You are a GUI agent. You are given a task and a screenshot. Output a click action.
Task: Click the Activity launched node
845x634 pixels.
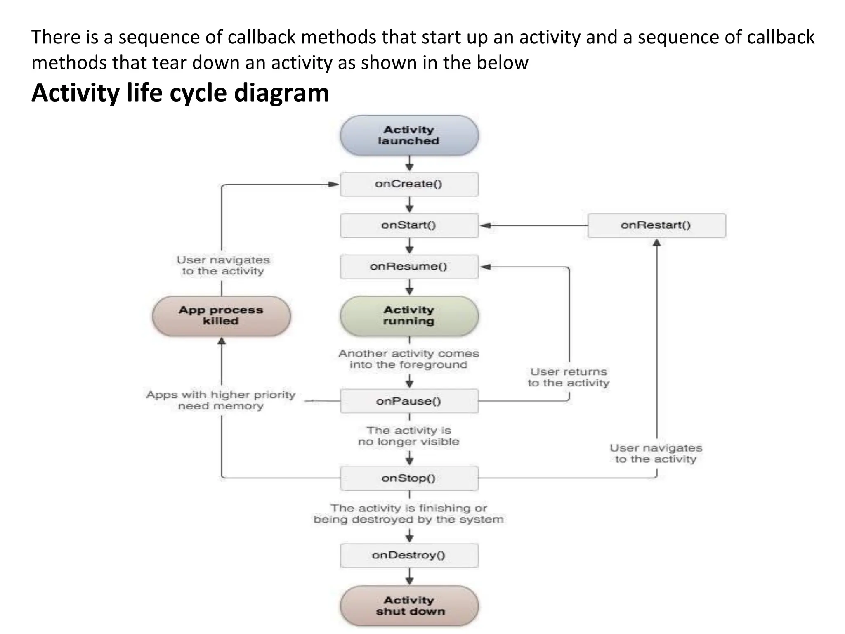click(x=409, y=135)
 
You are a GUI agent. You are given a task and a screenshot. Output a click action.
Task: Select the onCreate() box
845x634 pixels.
click(x=409, y=184)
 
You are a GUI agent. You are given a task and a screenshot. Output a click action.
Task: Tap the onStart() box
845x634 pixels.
click(x=409, y=225)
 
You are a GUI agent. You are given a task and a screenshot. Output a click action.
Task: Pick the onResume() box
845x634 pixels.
click(x=409, y=267)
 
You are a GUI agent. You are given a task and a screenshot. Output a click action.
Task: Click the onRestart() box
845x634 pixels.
click(x=656, y=225)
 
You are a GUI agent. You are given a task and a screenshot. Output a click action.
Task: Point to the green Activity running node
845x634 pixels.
click(x=409, y=316)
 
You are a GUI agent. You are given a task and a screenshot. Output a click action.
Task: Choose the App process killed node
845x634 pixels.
click(x=221, y=316)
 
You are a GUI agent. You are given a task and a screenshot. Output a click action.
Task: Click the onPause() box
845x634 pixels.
click(x=409, y=401)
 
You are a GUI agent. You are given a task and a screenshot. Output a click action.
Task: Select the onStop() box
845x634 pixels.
click(x=409, y=478)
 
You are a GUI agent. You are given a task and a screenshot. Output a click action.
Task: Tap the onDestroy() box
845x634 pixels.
click(x=409, y=556)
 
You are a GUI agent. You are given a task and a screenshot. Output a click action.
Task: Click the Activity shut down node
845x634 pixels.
click(x=409, y=606)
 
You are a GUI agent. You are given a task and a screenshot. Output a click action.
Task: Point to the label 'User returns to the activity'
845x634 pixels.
click(x=569, y=377)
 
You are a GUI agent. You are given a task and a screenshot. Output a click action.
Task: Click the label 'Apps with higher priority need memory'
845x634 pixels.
click(x=221, y=400)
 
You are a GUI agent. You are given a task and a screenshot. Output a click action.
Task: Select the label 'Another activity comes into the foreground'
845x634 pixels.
click(x=409, y=359)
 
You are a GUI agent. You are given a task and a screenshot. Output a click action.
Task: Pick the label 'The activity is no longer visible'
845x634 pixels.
click(x=409, y=436)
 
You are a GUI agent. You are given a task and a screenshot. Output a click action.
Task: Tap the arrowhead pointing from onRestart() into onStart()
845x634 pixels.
click(x=486, y=226)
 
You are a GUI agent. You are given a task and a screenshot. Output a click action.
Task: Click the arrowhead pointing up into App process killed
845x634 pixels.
click(x=222, y=341)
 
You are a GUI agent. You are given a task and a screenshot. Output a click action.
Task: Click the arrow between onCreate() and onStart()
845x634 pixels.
click(x=409, y=205)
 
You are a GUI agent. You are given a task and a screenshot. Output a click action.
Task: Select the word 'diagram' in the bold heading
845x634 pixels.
click(x=281, y=93)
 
